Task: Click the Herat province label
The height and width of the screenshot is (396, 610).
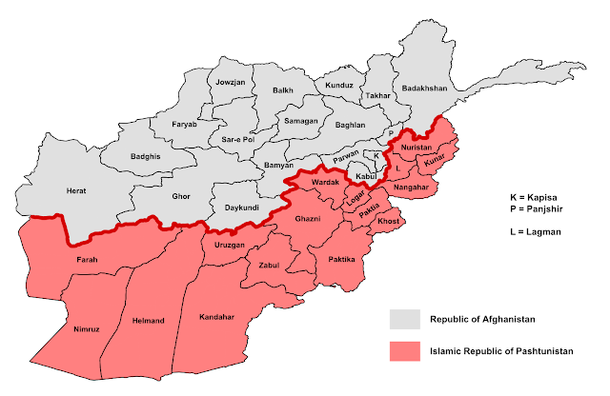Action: click(76, 190)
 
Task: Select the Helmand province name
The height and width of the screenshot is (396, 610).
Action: click(148, 321)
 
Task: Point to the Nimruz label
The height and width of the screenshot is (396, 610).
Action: click(86, 328)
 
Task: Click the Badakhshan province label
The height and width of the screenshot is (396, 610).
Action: click(423, 88)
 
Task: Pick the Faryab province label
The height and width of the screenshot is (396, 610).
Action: click(184, 125)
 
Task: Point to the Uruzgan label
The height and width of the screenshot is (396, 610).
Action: click(229, 245)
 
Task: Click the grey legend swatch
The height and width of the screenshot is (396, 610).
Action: click(404, 318)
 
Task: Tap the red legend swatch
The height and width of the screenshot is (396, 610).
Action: click(404, 351)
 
